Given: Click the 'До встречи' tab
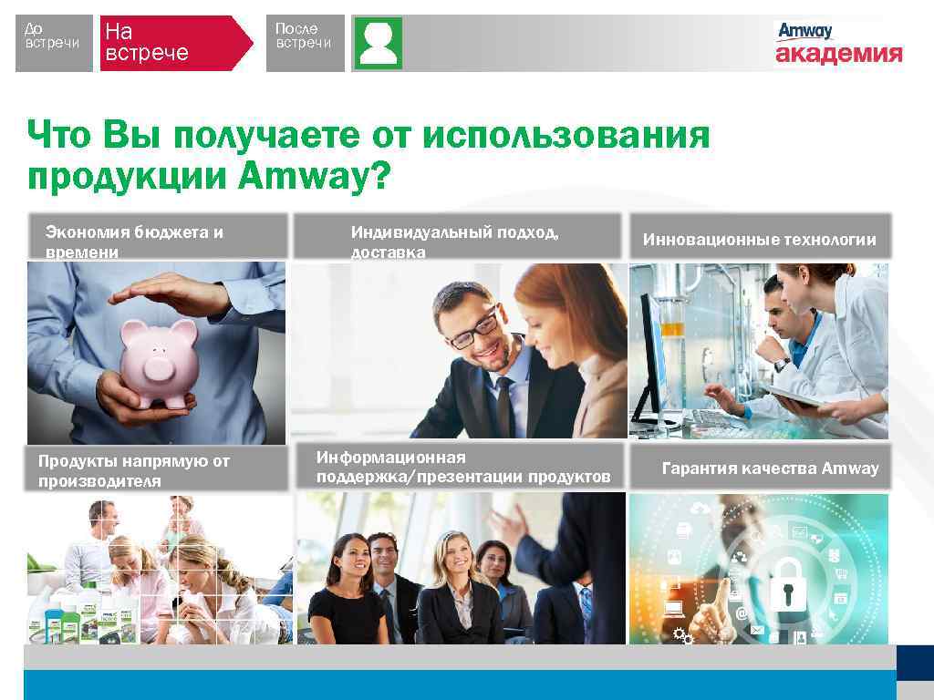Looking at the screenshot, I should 54,42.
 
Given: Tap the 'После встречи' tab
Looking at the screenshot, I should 305,42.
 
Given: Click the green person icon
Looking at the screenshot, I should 378,43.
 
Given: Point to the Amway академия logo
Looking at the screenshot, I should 838,44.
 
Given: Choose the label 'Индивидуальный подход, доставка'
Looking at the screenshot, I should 456,241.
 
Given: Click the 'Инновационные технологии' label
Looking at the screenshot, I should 759,240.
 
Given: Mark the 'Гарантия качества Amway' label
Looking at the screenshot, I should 770,468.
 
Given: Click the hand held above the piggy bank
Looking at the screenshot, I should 173,296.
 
